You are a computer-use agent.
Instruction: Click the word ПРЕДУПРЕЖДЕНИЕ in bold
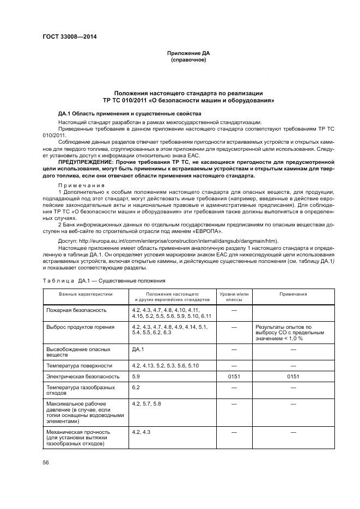[86, 162]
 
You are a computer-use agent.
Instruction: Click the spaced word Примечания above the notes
[75, 185]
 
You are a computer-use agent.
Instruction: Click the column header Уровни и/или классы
[233, 297]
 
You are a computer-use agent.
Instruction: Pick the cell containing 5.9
[136, 376]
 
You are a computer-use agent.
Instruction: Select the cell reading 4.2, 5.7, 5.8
[147, 403]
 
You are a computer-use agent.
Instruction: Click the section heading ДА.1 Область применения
[130, 113]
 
